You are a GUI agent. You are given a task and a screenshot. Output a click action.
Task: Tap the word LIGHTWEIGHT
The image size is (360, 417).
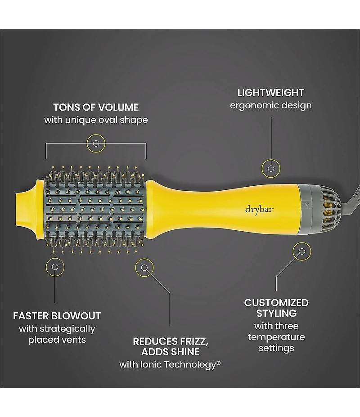pyautogui.click(x=270, y=93)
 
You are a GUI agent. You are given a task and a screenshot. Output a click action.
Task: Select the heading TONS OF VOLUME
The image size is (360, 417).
pyautogui.click(x=96, y=108)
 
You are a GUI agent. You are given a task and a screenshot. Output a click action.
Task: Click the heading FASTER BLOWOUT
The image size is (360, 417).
pyautogui.click(x=57, y=315)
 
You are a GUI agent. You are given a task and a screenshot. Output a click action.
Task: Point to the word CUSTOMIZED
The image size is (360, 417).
pyautogui.click(x=276, y=302)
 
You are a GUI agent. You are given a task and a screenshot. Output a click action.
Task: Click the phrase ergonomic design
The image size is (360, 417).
pyautogui.click(x=270, y=105)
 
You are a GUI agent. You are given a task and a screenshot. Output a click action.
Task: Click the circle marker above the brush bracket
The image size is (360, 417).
pyautogui.click(x=95, y=143)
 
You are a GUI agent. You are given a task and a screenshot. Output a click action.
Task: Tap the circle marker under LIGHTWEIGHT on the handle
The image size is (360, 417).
pyautogui.click(x=271, y=168)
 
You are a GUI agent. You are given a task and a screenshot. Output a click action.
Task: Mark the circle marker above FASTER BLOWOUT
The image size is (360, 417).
pyautogui.click(x=55, y=267)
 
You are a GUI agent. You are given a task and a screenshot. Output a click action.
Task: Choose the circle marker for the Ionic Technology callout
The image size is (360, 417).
pyautogui.click(x=144, y=268)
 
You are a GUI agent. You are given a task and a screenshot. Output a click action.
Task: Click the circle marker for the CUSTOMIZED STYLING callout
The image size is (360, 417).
pyautogui.click(x=301, y=251)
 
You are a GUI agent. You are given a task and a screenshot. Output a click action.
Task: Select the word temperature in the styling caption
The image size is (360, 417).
pyautogui.click(x=276, y=337)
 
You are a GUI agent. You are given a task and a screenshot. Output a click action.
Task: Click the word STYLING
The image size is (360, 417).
pyautogui.click(x=276, y=313)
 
